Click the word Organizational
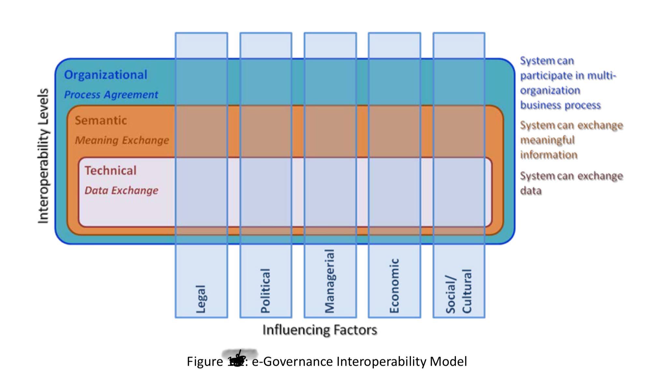pos(106,75)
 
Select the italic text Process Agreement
pos(111,95)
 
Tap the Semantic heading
pos(101,120)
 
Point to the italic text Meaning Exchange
pos(122,140)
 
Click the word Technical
pos(110,171)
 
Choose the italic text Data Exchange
pos(121,190)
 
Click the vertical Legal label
pos(201,299)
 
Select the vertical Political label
pos(265,290)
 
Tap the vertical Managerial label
pos(330,281)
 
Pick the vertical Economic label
pos(394,286)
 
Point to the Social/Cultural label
pos(459,291)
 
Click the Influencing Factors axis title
pos(319,330)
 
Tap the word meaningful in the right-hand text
pos(547,140)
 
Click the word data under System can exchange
pos(531,190)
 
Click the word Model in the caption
pos(448,361)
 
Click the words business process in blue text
pos(560,105)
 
